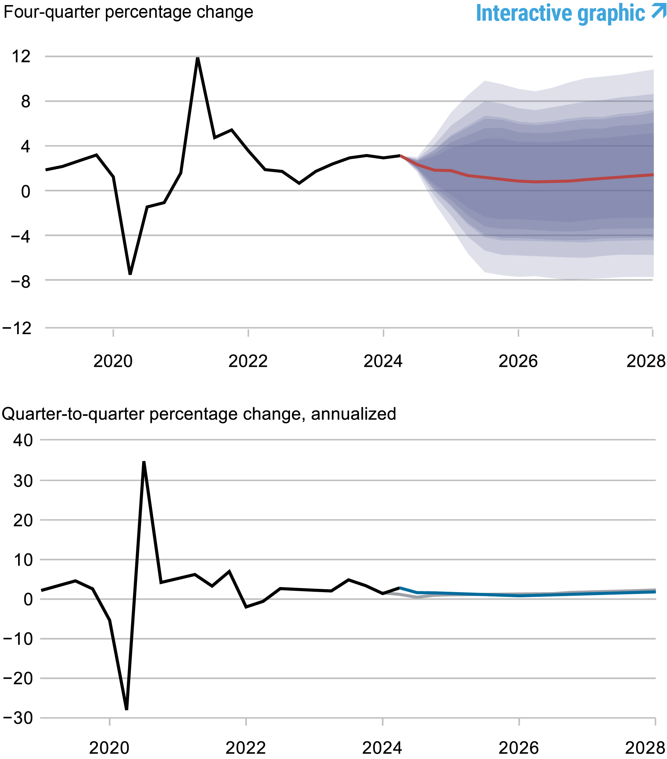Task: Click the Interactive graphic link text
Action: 560,13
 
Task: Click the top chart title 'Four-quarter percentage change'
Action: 128,12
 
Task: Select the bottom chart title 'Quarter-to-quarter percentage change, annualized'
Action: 199,414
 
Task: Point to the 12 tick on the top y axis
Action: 21,57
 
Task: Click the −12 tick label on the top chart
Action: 17,328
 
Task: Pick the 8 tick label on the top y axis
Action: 25,101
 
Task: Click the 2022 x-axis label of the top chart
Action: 248,361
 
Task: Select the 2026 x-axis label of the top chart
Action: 518,361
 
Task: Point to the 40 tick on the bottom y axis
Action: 23,440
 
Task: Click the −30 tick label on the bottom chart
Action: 18,718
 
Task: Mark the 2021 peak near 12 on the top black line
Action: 198,58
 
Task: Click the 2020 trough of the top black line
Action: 130,274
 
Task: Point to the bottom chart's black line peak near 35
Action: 144,462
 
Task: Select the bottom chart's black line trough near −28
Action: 127,709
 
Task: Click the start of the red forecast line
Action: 401,156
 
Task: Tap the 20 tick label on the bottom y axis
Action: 23,521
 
